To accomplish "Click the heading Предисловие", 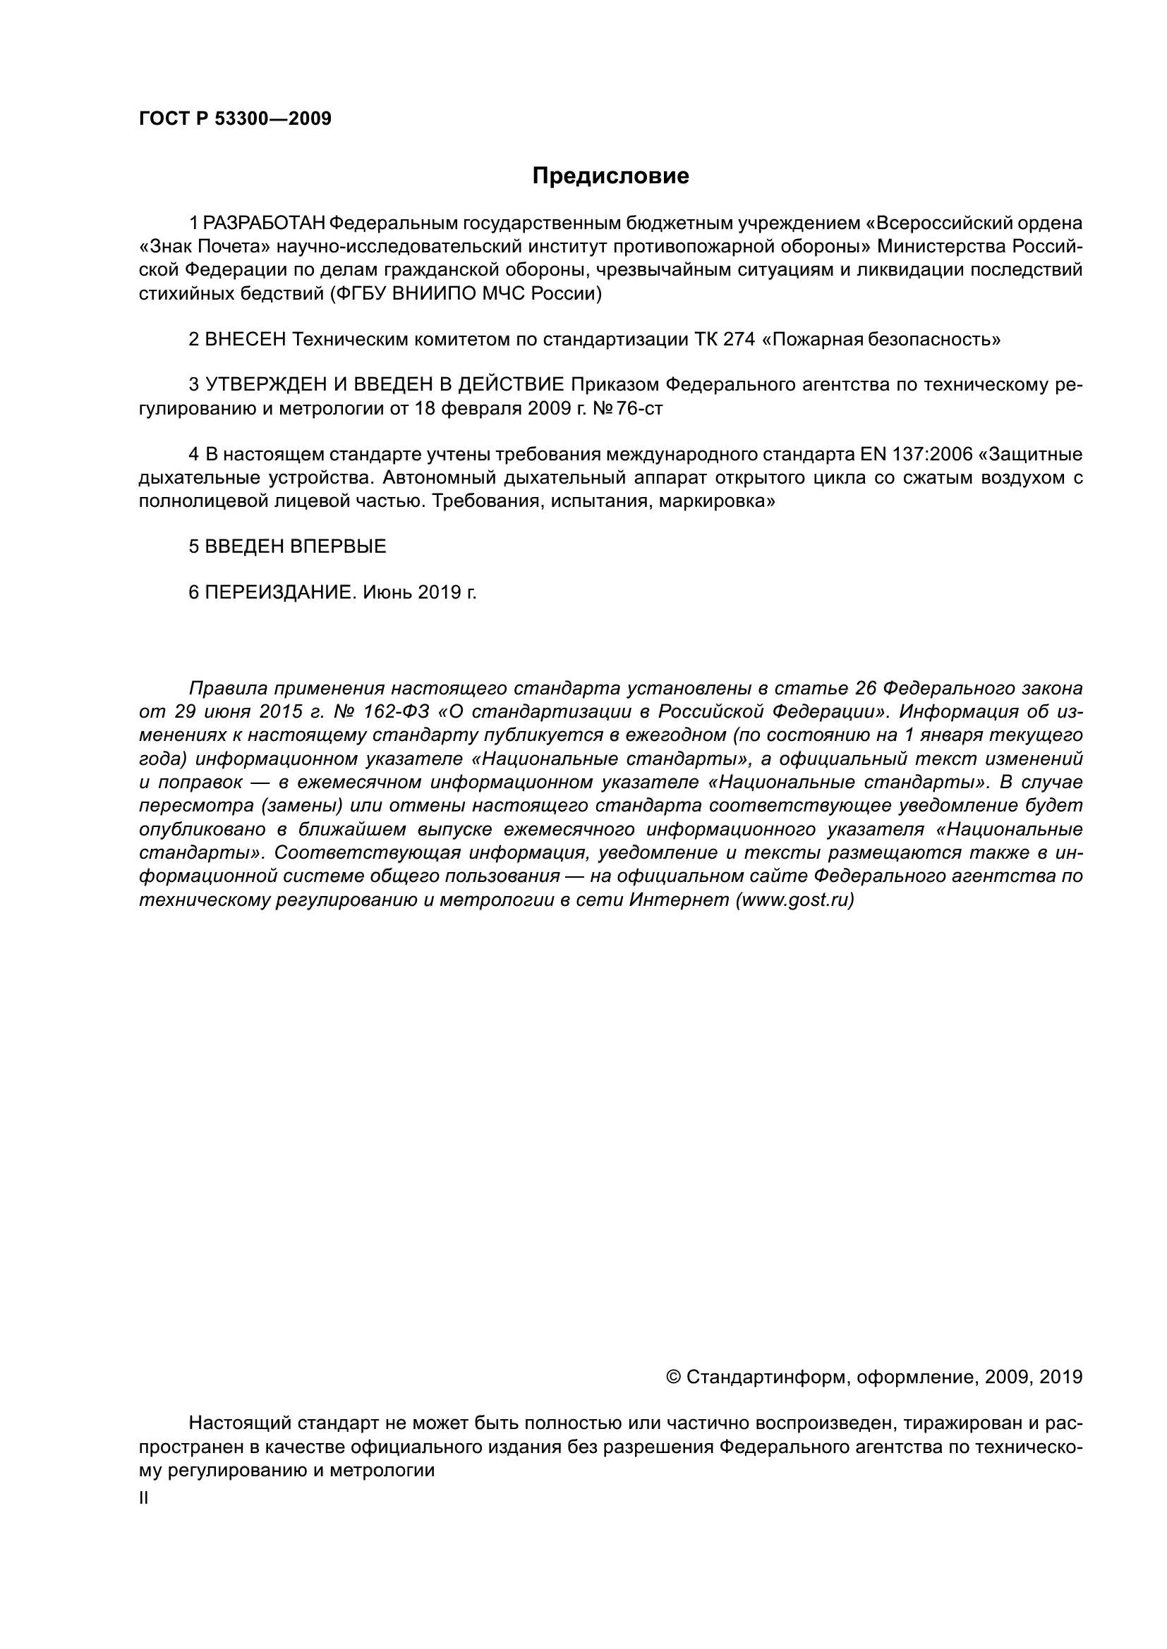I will [x=610, y=176].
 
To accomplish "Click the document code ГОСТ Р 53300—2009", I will [x=235, y=118].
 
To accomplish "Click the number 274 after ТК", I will [x=739, y=339].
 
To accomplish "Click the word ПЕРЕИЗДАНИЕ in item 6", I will [x=280, y=592].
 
